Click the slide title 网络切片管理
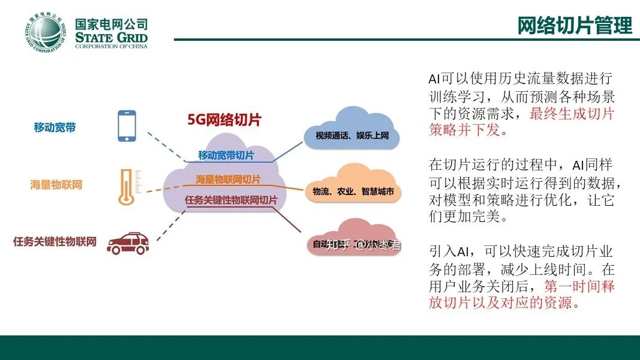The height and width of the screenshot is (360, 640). pos(575,26)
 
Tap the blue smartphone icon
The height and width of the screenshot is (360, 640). pos(126,125)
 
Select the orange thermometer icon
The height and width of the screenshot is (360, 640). pos(126,186)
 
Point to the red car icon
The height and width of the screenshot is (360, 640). pos(128,242)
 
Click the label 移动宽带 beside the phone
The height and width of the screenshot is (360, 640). pos(55,127)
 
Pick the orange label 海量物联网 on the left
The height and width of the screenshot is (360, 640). pos(56,185)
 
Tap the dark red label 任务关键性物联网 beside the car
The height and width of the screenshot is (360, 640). pos(55,242)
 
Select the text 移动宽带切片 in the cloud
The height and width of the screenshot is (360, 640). pos(226,155)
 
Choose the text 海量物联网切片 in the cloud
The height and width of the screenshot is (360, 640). pos(228,179)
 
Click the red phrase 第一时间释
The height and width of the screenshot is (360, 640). pos(579,286)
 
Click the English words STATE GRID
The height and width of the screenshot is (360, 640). pos(111,38)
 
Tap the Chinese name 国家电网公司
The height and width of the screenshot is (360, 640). pos(111,24)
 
